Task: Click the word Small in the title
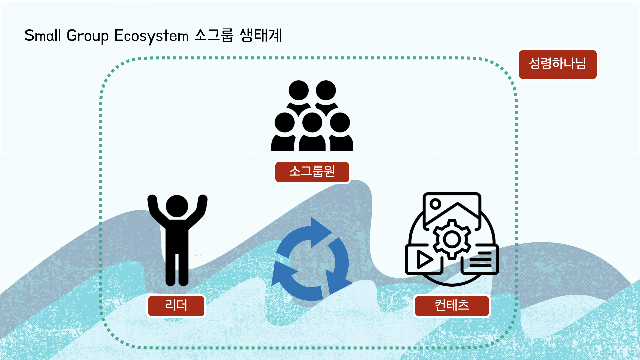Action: (43, 36)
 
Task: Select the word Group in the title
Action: (88, 36)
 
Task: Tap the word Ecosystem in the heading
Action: (151, 36)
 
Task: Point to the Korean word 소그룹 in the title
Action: (214, 35)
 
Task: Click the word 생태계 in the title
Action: (261, 35)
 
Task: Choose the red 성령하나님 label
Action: (557, 64)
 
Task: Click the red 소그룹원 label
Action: (312, 172)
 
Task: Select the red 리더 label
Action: (176, 306)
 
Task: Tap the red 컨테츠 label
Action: (452, 306)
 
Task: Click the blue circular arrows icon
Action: (311, 260)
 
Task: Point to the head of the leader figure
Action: (177, 206)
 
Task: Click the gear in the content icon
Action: (452, 239)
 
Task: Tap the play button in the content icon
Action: (424, 260)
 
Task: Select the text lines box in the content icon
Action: (480, 260)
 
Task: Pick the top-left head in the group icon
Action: (298, 90)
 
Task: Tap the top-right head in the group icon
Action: (326, 90)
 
